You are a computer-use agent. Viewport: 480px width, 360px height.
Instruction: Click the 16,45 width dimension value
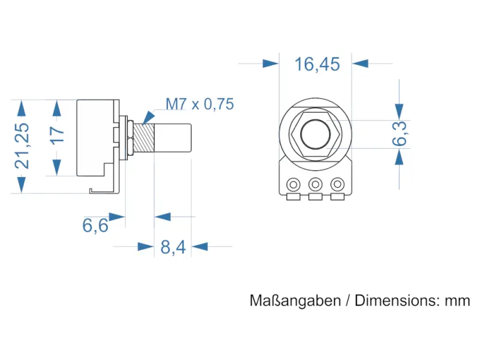(x=317, y=64)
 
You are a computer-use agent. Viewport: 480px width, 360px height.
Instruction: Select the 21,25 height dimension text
(x=22, y=146)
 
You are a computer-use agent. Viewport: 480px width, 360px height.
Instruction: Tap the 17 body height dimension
(x=56, y=134)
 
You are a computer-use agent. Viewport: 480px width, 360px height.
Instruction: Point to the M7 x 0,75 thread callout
(x=199, y=104)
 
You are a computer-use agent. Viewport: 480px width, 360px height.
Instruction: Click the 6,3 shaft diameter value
(x=400, y=133)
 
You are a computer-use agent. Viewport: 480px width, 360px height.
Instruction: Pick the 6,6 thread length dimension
(x=95, y=226)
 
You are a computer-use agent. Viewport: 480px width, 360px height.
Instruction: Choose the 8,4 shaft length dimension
(x=172, y=247)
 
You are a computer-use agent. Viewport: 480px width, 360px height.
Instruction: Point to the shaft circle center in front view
(x=315, y=134)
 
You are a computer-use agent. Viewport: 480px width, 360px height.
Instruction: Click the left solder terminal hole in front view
(x=294, y=183)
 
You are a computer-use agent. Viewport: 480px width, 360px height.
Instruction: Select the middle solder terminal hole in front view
(x=316, y=183)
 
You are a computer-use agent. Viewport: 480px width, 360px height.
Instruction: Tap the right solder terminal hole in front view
(x=338, y=183)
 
